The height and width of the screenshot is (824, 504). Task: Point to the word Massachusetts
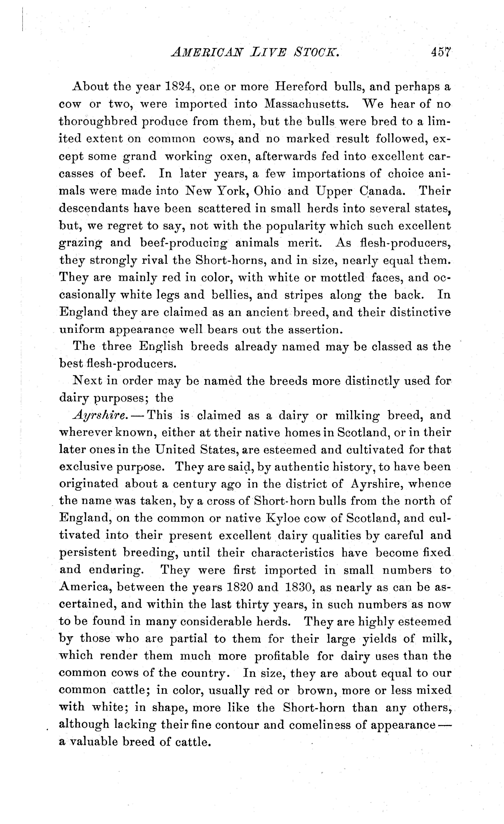307,104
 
